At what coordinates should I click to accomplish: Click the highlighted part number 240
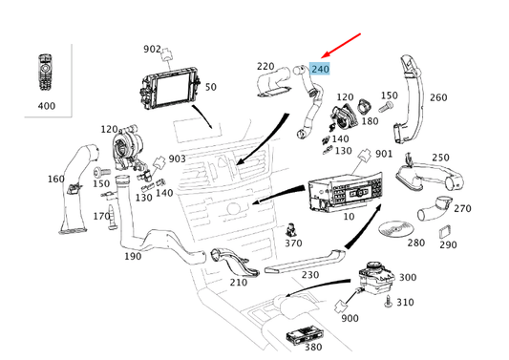point(320,69)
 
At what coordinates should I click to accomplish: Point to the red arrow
point(341,46)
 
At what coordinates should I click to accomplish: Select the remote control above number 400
point(46,73)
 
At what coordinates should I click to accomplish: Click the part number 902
point(152,49)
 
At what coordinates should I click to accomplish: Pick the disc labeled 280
point(395,229)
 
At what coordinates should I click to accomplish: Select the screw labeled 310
point(388,301)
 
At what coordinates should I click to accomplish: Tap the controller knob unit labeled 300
point(376,278)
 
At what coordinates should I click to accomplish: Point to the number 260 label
point(438,97)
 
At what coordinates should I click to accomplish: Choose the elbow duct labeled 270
point(434,208)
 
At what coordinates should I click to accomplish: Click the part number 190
point(133,257)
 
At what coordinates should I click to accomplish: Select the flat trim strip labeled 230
point(306,262)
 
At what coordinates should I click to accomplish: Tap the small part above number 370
point(290,229)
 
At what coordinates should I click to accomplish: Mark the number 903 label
point(178,159)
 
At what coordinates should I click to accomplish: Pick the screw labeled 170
point(112,217)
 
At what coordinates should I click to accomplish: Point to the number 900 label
point(350,318)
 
